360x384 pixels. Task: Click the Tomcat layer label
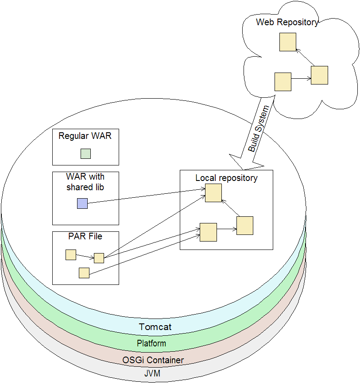[155, 327]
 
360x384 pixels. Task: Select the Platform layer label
[151, 343]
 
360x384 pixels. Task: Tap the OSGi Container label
[153, 360]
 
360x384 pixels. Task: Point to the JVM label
[152, 374]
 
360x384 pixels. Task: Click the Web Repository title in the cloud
[287, 23]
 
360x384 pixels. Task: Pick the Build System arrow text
[258, 129]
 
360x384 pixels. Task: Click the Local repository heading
[226, 178]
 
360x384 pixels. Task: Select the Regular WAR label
[85, 136]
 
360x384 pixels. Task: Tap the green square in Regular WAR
[85, 154]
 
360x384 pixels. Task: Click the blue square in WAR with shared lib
[82, 204]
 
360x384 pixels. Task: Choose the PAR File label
[85, 236]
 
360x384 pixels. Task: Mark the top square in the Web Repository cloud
[288, 42]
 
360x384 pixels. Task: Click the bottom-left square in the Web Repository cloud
[283, 82]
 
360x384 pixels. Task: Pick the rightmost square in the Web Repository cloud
[319, 75]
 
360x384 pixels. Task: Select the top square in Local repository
[213, 193]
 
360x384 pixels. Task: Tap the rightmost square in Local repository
[245, 226]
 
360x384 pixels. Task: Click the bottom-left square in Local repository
[208, 232]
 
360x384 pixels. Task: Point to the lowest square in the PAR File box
[84, 273]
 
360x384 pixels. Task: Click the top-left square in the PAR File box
[71, 255]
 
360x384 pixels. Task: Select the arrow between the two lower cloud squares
[301, 79]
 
